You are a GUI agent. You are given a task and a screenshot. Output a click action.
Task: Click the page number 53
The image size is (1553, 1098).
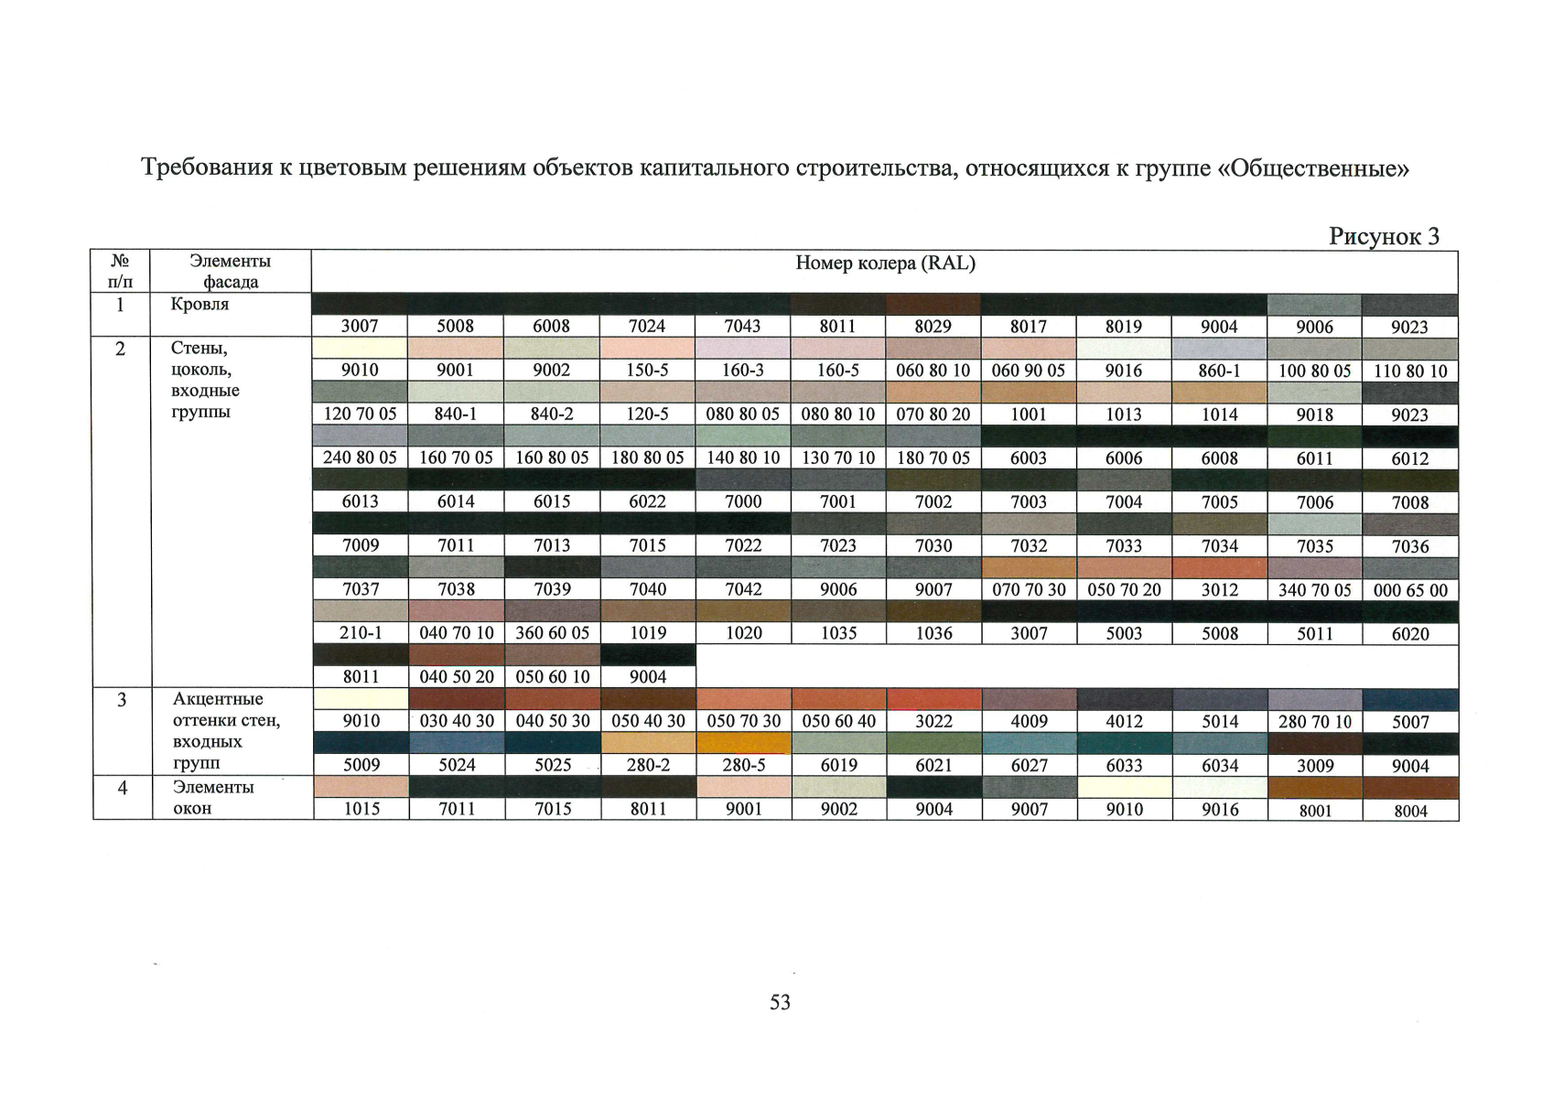pyautogui.click(x=780, y=1002)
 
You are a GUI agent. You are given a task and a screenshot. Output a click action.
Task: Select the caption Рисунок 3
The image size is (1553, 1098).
pyautogui.click(x=1384, y=236)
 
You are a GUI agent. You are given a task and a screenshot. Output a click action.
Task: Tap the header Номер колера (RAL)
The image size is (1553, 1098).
pyautogui.click(x=885, y=264)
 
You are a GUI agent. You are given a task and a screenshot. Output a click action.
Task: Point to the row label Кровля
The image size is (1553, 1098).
pyautogui.click(x=200, y=305)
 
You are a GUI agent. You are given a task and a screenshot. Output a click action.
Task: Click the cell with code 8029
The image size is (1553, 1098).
pyautogui.click(x=933, y=327)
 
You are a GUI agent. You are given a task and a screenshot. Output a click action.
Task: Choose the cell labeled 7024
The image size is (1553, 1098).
pyautogui.click(x=647, y=327)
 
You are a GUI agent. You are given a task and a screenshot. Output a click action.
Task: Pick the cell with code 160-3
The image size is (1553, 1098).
pyautogui.click(x=742, y=371)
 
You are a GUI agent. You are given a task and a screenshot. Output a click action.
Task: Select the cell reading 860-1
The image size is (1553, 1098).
pyautogui.click(x=1219, y=371)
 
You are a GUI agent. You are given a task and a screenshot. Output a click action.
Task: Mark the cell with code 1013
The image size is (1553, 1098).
pyautogui.click(x=1124, y=414)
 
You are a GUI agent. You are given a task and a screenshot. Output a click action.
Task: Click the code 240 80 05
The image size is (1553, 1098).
pyautogui.click(x=360, y=457)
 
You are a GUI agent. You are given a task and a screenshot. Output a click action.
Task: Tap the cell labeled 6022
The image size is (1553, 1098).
pyautogui.click(x=647, y=501)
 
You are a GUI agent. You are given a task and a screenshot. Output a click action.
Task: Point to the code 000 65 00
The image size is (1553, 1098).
pyautogui.click(x=1410, y=590)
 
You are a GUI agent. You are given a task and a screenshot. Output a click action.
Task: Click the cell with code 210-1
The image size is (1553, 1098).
pyautogui.click(x=360, y=633)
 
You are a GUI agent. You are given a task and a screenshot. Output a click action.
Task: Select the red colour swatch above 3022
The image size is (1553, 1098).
pyautogui.click(x=933, y=699)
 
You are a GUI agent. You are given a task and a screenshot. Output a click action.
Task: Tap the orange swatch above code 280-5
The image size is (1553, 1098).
pyautogui.click(x=743, y=743)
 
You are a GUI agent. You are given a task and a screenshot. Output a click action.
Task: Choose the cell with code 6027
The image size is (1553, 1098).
pyautogui.click(x=1029, y=765)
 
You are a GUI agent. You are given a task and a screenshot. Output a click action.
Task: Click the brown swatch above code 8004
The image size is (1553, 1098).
pyautogui.click(x=1410, y=788)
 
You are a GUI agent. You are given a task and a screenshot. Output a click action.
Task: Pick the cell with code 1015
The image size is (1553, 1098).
pyautogui.click(x=361, y=809)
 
